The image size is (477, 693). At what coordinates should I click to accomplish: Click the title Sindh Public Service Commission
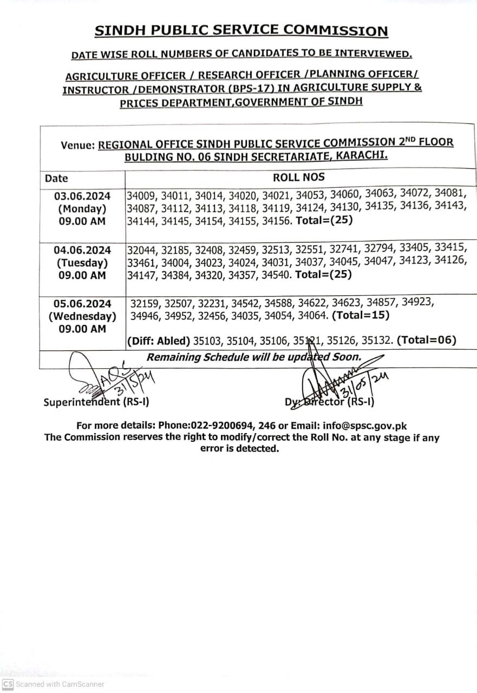[241, 31]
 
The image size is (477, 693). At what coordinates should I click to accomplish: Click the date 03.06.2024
[82, 195]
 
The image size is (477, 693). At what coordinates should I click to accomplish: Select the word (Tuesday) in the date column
[82, 263]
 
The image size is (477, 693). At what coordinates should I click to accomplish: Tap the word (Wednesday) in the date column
[82, 316]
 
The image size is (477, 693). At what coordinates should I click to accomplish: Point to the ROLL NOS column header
[298, 178]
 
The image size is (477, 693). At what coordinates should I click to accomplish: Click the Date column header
[56, 178]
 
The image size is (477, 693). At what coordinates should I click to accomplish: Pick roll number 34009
[142, 195]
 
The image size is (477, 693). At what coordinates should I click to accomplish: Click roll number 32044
[142, 249]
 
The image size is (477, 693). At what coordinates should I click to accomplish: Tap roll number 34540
[276, 274]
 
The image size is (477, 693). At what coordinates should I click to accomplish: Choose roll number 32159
[146, 303]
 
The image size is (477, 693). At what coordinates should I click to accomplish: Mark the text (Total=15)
[361, 315]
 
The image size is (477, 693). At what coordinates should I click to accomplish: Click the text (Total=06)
[427, 340]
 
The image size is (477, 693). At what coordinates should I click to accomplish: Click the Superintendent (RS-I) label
[96, 402]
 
